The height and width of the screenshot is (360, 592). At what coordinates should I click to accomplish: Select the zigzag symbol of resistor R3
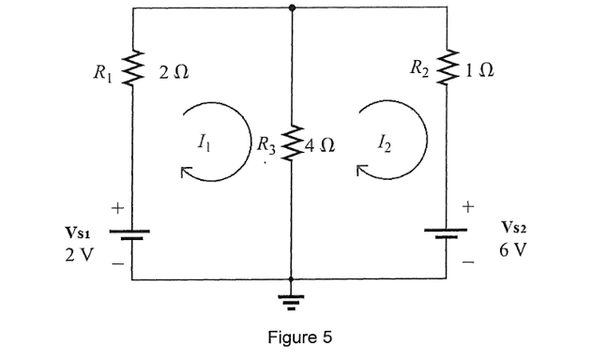tap(293, 145)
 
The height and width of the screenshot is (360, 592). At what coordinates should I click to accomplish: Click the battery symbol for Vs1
tap(132, 233)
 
